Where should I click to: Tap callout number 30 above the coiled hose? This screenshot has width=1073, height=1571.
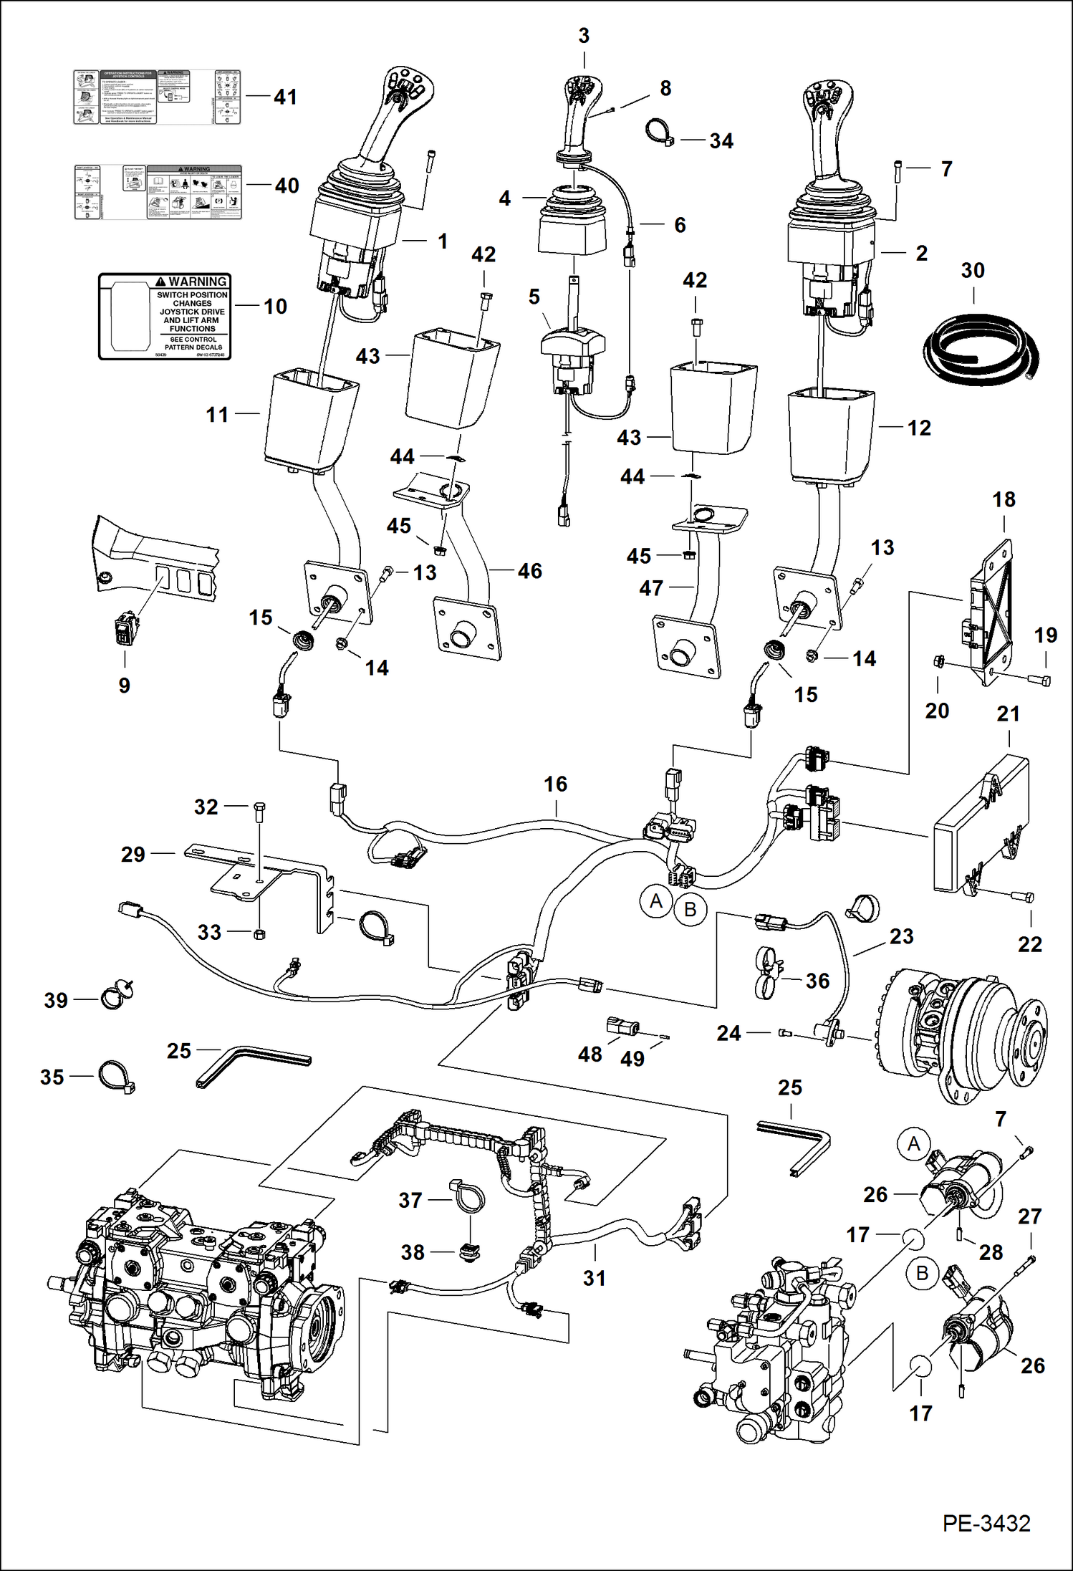coord(972,271)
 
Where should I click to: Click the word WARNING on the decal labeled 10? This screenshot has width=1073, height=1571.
coord(198,282)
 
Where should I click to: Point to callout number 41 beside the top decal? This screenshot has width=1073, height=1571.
coord(285,97)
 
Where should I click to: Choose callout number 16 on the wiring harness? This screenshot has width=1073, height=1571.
coord(555,784)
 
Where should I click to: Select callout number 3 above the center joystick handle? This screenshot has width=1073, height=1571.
coord(584,36)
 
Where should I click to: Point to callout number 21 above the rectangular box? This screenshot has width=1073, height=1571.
coord(1008,714)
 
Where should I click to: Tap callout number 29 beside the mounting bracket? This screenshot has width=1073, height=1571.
coord(133,854)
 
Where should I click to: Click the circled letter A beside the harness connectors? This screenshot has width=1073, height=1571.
coord(655,901)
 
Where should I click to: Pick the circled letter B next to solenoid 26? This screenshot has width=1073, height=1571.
coord(922,1273)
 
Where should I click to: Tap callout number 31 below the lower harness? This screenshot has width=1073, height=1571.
coord(594,1279)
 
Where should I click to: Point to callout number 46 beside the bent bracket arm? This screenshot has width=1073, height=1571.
coord(529,571)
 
